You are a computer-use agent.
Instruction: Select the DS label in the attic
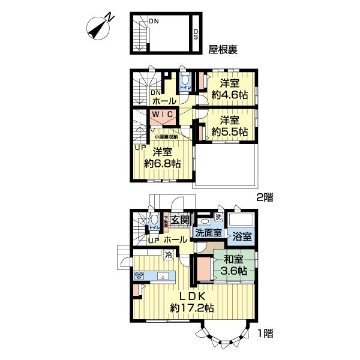195,34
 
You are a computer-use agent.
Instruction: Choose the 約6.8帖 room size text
162,163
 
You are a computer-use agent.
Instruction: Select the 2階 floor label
266,196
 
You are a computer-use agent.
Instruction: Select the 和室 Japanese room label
233,260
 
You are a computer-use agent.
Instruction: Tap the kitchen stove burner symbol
139,276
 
